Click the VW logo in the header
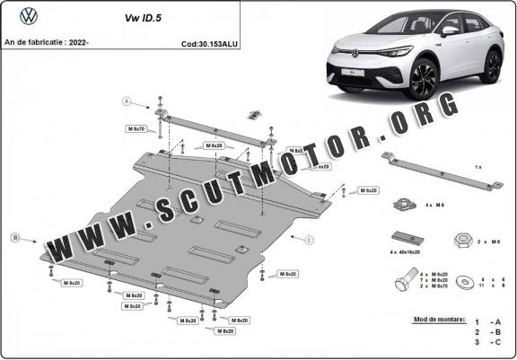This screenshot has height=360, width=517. [26, 15]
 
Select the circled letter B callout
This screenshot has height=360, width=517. [15, 237]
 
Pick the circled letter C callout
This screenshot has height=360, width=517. [309, 240]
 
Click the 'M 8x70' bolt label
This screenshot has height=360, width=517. [136, 129]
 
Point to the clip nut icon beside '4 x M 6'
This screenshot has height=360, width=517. [405, 205]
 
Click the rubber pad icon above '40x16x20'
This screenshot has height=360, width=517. [405, 237]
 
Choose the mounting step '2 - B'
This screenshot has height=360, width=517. [489, 332]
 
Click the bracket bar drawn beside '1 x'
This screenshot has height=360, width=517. [440, 174]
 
